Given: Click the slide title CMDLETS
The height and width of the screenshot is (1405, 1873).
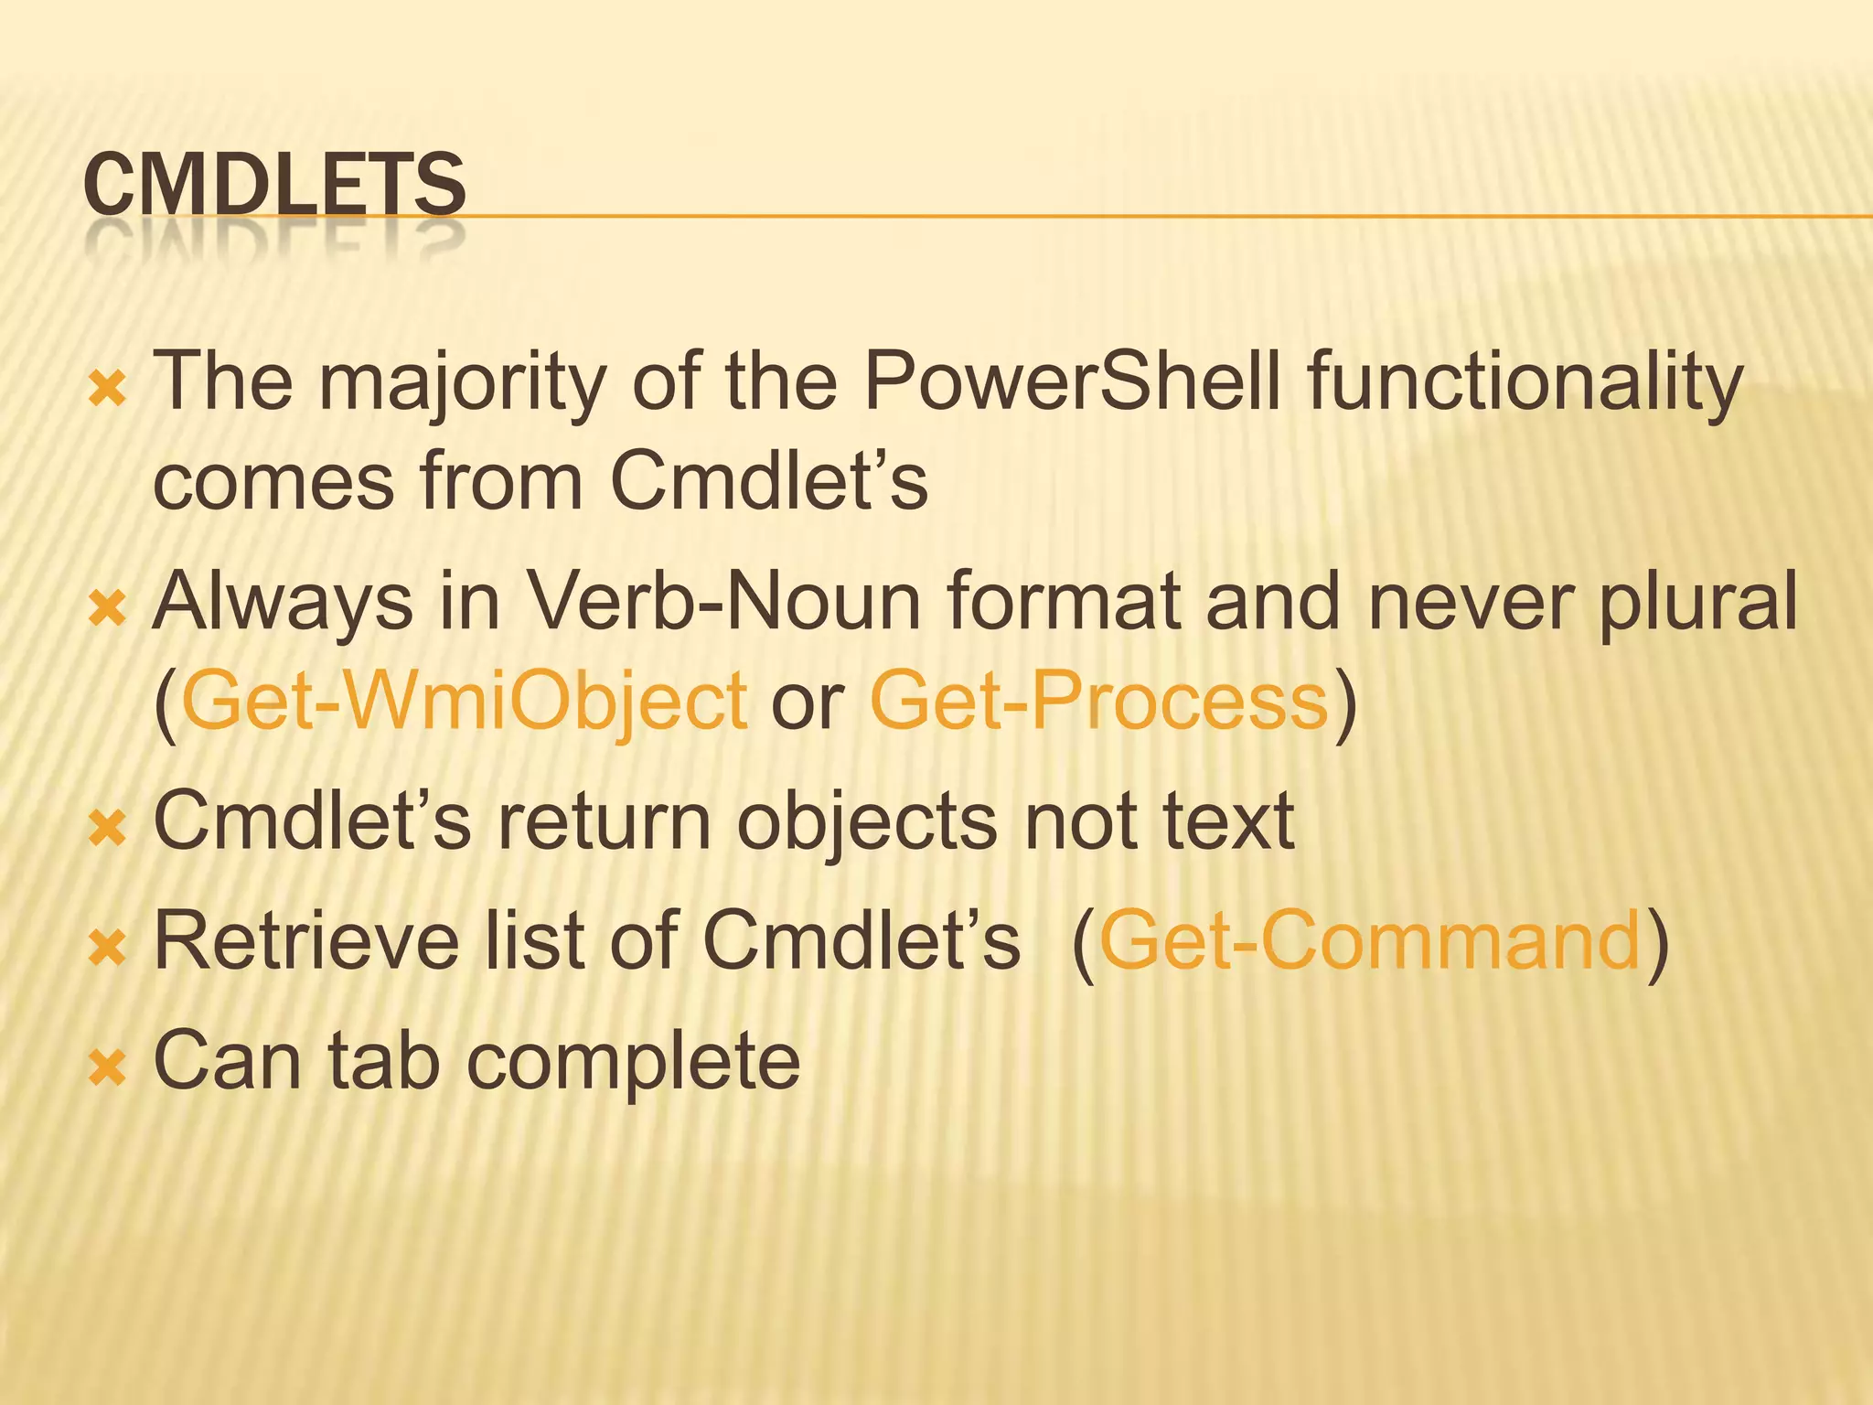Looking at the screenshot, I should tap(274, 185).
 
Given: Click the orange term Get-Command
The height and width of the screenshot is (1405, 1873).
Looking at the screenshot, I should tap(1370, 941).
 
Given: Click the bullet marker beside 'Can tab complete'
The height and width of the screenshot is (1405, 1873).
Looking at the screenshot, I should tap(107, 1067).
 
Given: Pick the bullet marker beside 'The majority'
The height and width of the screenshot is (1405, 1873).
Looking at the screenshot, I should tap(107, 391).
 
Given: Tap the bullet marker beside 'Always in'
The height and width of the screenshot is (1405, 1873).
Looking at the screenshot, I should tap(107, 608).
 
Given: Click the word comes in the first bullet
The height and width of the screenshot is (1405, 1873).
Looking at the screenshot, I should tap(273, 482).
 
